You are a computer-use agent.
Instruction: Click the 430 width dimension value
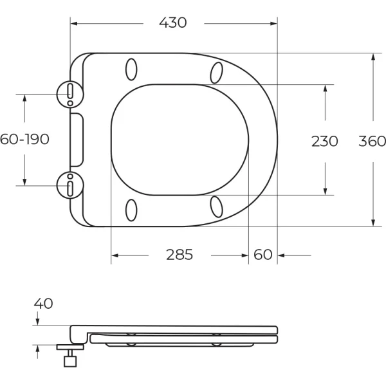click(x=173, y=23)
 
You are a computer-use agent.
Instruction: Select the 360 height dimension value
click(x=372, y=140)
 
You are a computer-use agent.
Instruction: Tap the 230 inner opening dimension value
click(x=324, y=140)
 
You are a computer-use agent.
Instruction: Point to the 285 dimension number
click(x=179, y=255)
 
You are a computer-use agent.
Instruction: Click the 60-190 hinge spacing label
click(x=24, y=140)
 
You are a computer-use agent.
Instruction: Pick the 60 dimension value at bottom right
click(x=263, y=255)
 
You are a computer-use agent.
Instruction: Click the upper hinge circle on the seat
click(x=69, y=93)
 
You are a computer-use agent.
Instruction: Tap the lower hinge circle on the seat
click(x=69, y=185)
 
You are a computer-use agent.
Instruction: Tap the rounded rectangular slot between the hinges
click(x=77, y=140)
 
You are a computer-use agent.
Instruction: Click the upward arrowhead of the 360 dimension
click(x=373, y=57)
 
